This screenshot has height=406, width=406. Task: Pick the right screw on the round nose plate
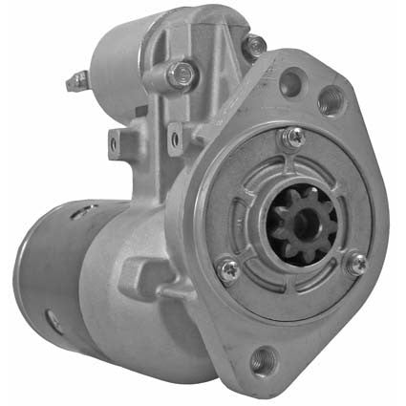point(354,262)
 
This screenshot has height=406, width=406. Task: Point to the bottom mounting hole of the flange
point(263,360)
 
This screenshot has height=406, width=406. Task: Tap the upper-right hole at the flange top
point(331,99)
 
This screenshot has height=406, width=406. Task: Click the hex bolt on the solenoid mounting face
point(181,72)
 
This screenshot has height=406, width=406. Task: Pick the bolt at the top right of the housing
point(255,44)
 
